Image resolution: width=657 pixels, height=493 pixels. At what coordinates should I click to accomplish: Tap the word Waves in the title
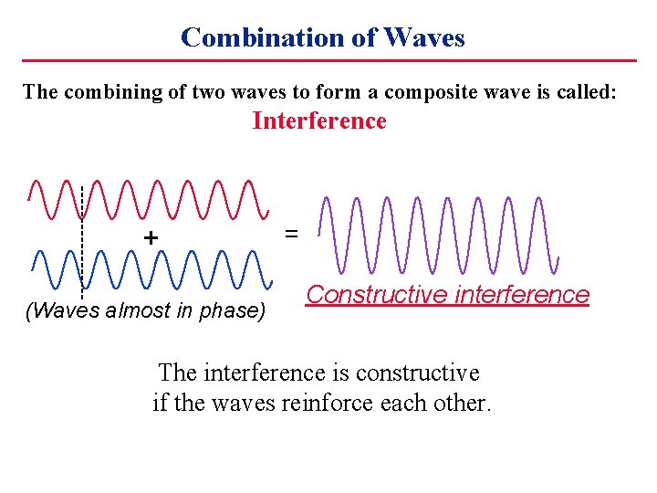pyautogui.click(x=424, y=37)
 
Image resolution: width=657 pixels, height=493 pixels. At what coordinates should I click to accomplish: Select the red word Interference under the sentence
pyautogui.click(x=318, y=121)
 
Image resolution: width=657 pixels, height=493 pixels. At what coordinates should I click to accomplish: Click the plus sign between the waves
pyautogui.click(x=150, y=237)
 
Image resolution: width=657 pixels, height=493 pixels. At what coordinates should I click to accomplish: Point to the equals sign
pyautogui.click(x=291, y=234)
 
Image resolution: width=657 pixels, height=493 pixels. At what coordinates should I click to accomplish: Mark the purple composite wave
pyautogui.click(x=438, y=235)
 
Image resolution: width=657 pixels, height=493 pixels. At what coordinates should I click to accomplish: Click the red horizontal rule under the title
pyautogui.click(x=328, y=61)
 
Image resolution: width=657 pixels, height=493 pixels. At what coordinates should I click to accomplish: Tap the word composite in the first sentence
pyautogui.click(x=426, y=91)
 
